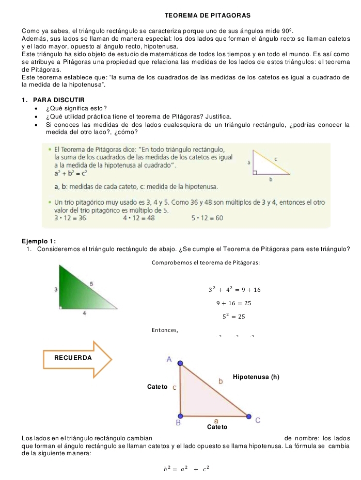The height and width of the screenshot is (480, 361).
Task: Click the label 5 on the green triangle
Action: point(91,284)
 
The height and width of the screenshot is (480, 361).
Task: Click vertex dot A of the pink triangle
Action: point(180,363)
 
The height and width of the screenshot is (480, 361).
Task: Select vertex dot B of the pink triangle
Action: point(180,416)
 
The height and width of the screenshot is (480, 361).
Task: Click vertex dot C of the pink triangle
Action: point(248,416)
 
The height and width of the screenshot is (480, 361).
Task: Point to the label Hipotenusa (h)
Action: point(257,376)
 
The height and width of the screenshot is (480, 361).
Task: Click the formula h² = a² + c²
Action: point(186,468)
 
